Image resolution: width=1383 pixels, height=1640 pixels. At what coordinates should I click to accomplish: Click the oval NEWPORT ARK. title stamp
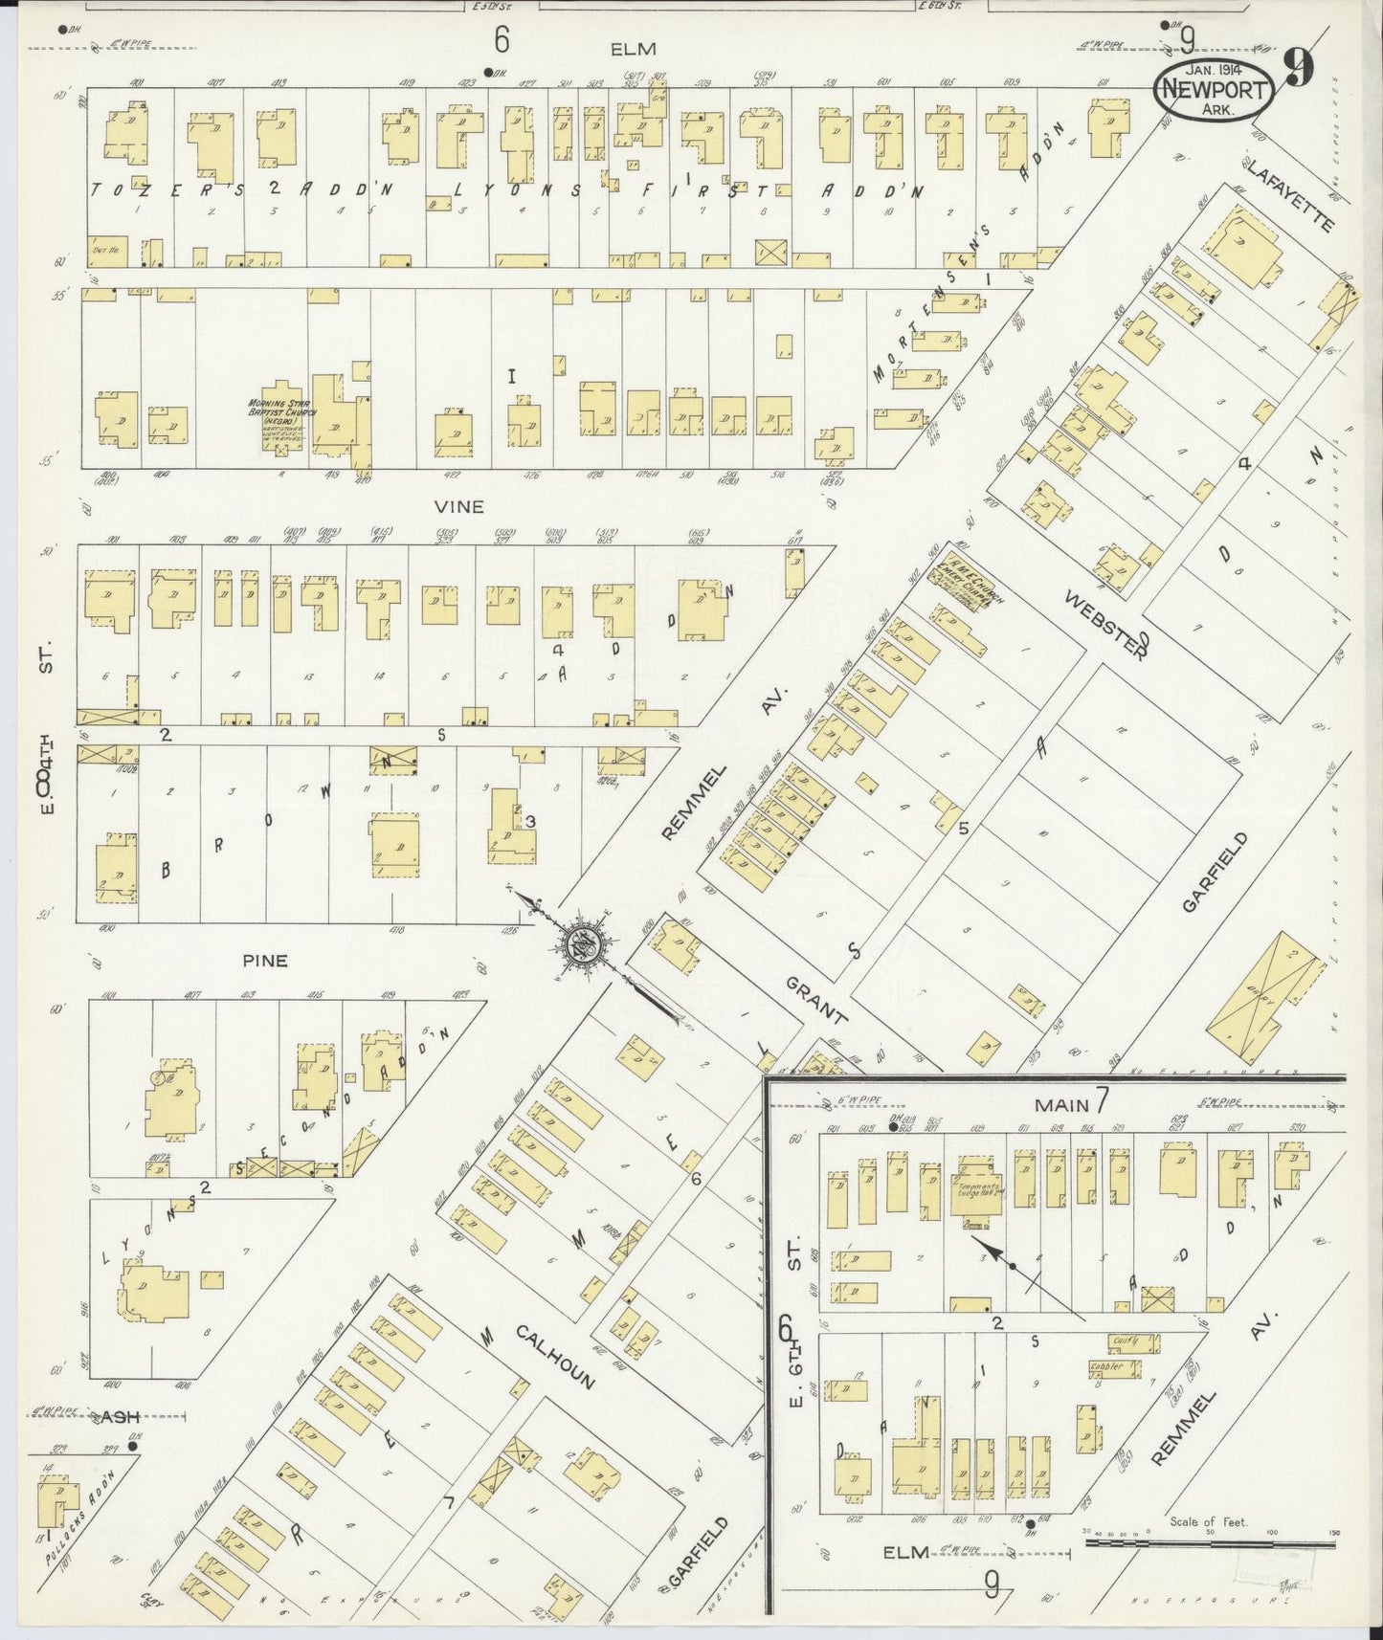click(x=1214, y=91)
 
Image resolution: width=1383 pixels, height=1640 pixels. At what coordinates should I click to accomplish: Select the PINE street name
click(x=265, y=961)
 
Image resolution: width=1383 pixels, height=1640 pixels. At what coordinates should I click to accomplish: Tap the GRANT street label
click(x=816, y=1001)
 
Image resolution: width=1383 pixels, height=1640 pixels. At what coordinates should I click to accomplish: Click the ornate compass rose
click(x=581, y=945)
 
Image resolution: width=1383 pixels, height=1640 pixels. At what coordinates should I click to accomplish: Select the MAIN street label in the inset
click(x=1062, y=1105)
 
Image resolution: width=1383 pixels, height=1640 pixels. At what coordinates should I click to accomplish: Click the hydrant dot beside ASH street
click(x=134, y=1447)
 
